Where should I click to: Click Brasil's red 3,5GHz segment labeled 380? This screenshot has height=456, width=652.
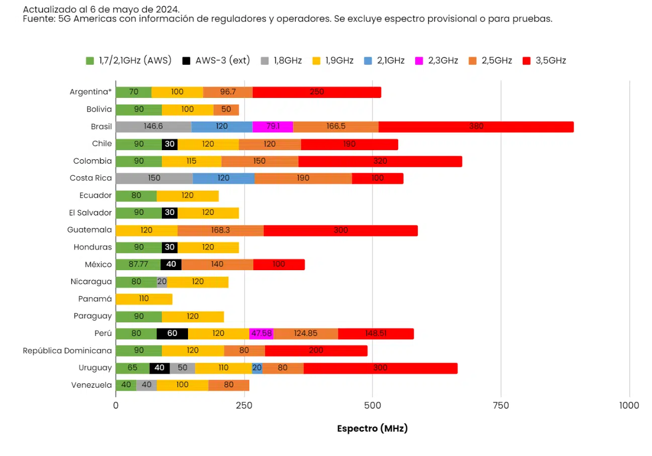(x=476, y=127)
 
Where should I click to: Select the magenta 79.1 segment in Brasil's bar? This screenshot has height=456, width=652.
(x=272, y=127)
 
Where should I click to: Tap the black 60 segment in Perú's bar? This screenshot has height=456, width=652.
(x=172, y=333)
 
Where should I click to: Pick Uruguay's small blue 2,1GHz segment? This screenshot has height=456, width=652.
(x=257, y=368)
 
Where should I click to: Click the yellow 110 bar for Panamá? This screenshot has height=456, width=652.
(x=144, y=299)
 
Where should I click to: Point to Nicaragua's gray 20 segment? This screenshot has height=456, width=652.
(x=162, y=282)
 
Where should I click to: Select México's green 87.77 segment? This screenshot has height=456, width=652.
(x=138, y=265)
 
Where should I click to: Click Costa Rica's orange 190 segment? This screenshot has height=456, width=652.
(x=303, y=178)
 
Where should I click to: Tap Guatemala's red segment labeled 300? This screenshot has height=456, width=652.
(x=340, y=230)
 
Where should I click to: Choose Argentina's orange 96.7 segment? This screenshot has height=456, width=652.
(x=228, y=92)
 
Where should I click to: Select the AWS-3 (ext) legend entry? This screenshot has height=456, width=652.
(x=216, y=61)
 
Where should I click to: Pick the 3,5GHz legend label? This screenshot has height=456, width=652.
(x=550, y=61)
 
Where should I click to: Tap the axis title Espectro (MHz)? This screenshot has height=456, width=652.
(x=372, y=429)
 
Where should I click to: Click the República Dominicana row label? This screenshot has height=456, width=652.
(x=67, y=351)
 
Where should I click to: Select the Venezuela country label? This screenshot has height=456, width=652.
(x=91, y=385)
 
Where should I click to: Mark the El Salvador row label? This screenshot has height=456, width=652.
(x=90, y=213)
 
